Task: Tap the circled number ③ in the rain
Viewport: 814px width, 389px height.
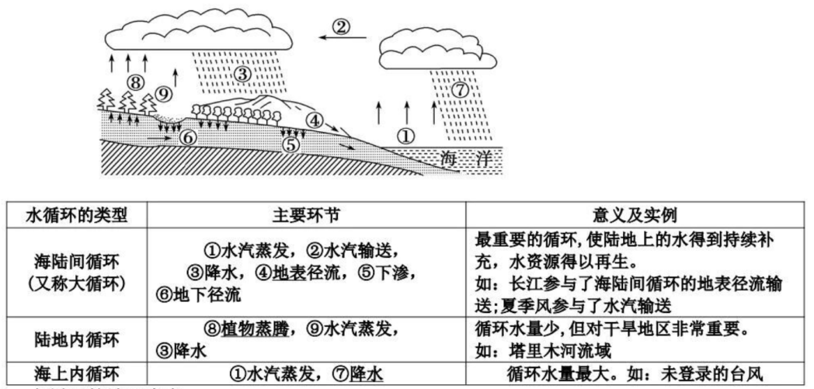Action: tap(242, 75)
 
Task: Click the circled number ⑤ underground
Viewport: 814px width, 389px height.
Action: tap(290, 144)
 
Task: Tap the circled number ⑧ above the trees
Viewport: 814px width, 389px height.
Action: tap(136, 81)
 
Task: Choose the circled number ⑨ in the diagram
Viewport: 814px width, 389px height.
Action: tap(162, 92)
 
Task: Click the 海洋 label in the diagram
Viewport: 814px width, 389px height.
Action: tap(457, 157)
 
